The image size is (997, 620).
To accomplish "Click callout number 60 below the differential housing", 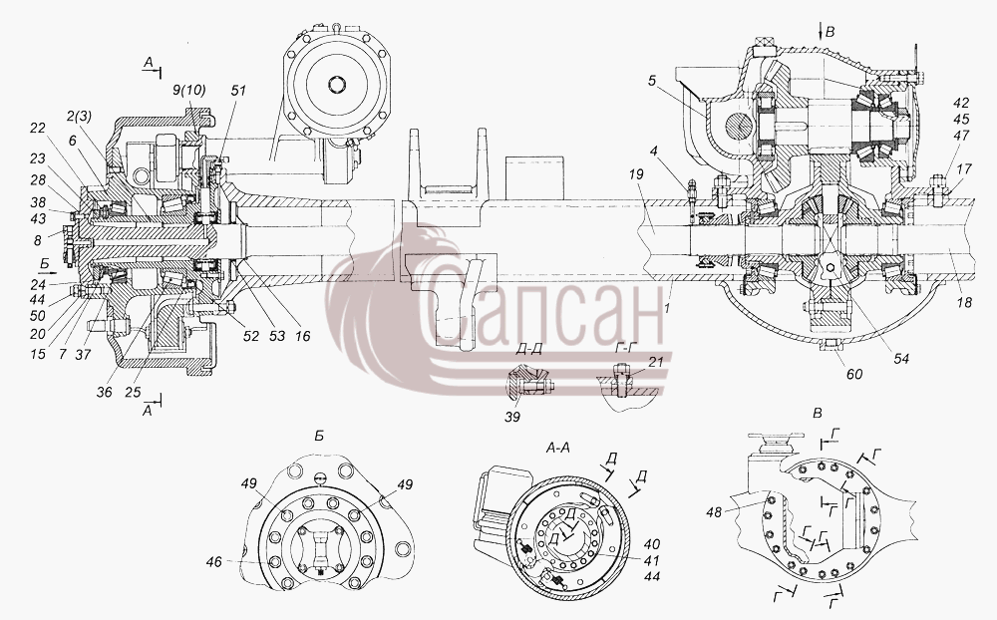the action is (x=854, y=374).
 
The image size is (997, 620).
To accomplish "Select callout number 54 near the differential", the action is (x=901, y=359).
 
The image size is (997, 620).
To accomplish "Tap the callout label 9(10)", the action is (x=188, y=90).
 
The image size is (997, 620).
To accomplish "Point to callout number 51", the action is (x=238, y=90).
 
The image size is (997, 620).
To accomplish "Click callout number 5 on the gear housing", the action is (x=651, y=82).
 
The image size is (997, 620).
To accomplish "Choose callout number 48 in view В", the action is (x=714, y=510).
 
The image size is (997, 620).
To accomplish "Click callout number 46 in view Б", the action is (x=214, y=561).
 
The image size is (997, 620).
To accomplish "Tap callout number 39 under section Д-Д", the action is (x=512, y=417).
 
